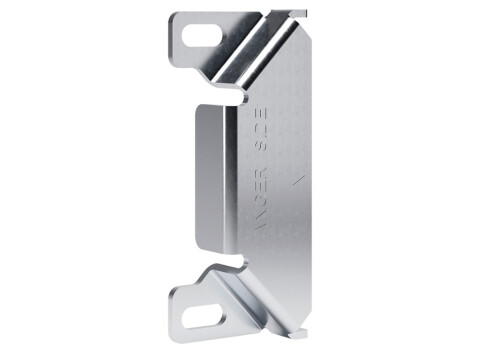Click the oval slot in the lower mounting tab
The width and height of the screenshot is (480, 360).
201,310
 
